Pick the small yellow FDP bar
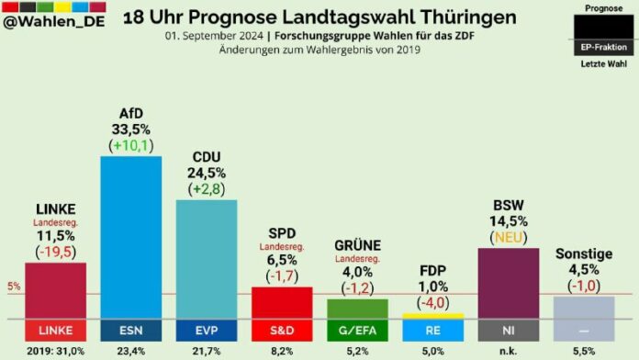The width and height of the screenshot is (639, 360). pyautogui.click(x=433, y=316)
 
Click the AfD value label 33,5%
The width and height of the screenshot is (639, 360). pyautogui.click(x=130, y=129)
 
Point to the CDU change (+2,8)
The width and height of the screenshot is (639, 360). pyautogui.click(x=206, y=188)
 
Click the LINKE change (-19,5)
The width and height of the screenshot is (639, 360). pyautogui.click(x=55, y=251)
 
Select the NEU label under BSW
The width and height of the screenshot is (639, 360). pyautogui.click(x=509, y=237)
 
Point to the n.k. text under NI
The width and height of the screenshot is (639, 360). pyautogui.click(x=509, y=351)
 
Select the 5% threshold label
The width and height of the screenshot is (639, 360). pyautogui.click(x=13, y=287)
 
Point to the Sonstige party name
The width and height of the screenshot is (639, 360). pyautogui.click(x=584, y=254)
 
